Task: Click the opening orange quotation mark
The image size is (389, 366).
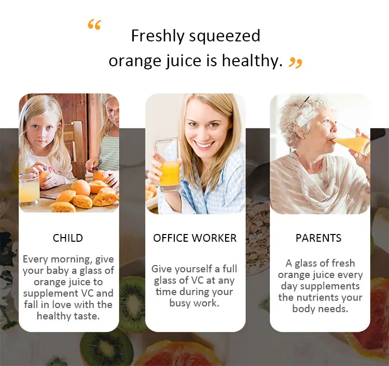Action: pyautogui.click(x=94, y=24)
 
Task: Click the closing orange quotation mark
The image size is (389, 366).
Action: pyautogui.click(x=296, y=63)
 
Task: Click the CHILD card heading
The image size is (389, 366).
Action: pyautogui.click(x=68, y=238)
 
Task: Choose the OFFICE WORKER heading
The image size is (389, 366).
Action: pyautogui.click(x=195, y=238)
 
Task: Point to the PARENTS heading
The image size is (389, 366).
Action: pyautogui.click(x=318, y=238)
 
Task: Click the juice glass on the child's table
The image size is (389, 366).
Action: pyautogui.click(x=29, y=189)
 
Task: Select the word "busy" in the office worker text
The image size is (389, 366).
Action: pyautogui.click(x=179, y=303)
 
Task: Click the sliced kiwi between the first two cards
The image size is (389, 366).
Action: pyautogui.click(x=132, y=303)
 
